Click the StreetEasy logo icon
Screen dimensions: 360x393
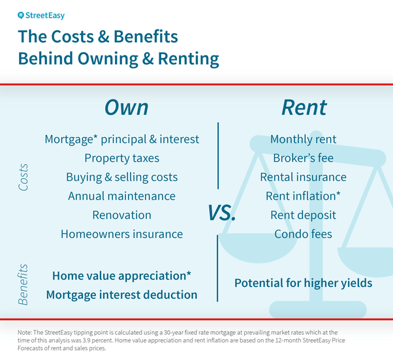(22, 14)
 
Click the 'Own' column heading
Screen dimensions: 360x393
(127, 107)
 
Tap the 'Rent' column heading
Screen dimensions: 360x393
(304, 107)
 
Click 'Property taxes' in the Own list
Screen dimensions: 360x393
(121, 158)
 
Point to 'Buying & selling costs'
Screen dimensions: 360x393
(121, 177)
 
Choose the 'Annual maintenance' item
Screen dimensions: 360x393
(121, 196)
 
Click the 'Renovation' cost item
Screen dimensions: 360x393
(121, 215)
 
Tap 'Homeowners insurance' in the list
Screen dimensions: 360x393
(121, 233)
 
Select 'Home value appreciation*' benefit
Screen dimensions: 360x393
(121, 275)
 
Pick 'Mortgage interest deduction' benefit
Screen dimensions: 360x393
(121, 294)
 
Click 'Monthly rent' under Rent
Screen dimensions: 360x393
(303, 139)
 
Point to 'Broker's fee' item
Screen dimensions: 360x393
(303, 158)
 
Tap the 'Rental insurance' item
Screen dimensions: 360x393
(303, 177)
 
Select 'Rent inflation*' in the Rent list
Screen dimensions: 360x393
(303, 196)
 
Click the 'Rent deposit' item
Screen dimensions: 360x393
(303, 215)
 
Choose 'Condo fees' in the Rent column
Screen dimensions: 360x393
(303, 233)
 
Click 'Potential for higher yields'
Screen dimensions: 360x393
(303, 283)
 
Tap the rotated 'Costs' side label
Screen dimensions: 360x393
(24, 177)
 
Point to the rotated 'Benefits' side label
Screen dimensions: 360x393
(24, 284)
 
